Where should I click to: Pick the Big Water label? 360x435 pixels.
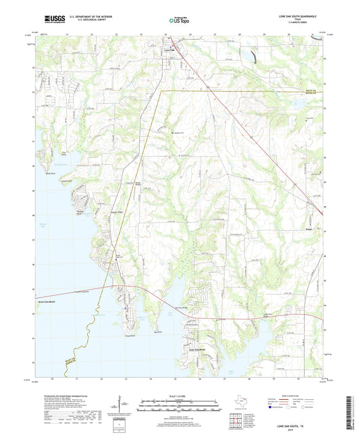(x=159, y=332)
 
